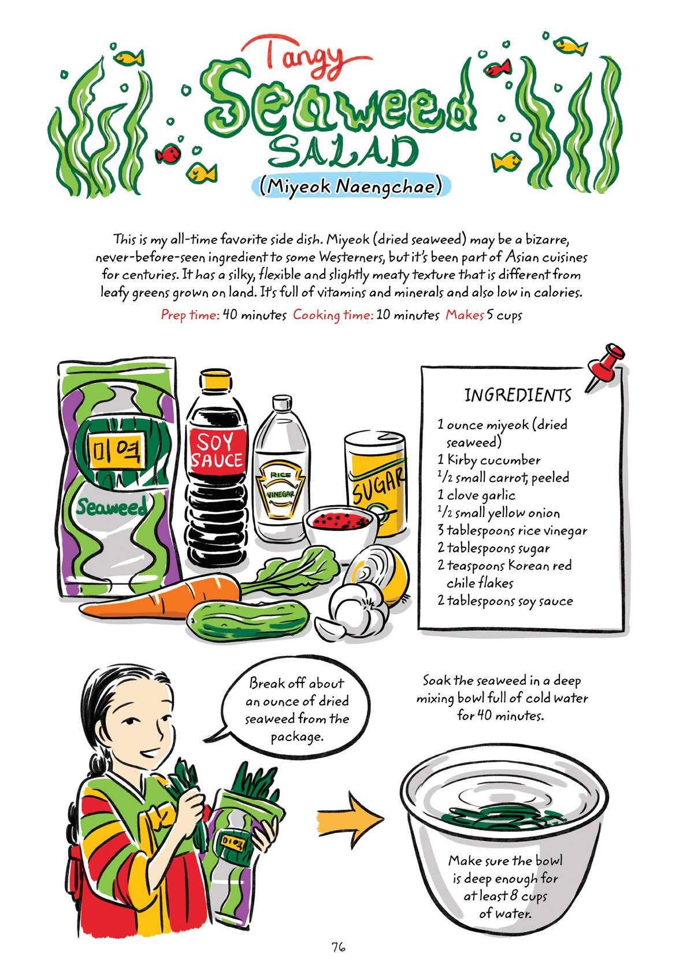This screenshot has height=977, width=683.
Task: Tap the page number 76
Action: pos(339,947)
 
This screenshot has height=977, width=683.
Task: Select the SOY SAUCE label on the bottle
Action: pos(217,451)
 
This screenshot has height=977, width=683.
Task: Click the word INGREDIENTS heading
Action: pos(518,396)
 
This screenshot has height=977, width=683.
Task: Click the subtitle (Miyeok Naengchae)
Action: pos(351,186)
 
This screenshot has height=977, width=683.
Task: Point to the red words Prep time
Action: pos(190,315)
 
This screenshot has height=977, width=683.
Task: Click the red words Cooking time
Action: pos(333,315)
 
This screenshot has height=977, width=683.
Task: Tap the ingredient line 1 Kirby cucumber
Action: pos(489,460)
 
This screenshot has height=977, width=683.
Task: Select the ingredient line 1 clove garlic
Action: pos(476,495)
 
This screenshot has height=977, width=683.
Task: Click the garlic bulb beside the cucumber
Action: pos(354,610)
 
